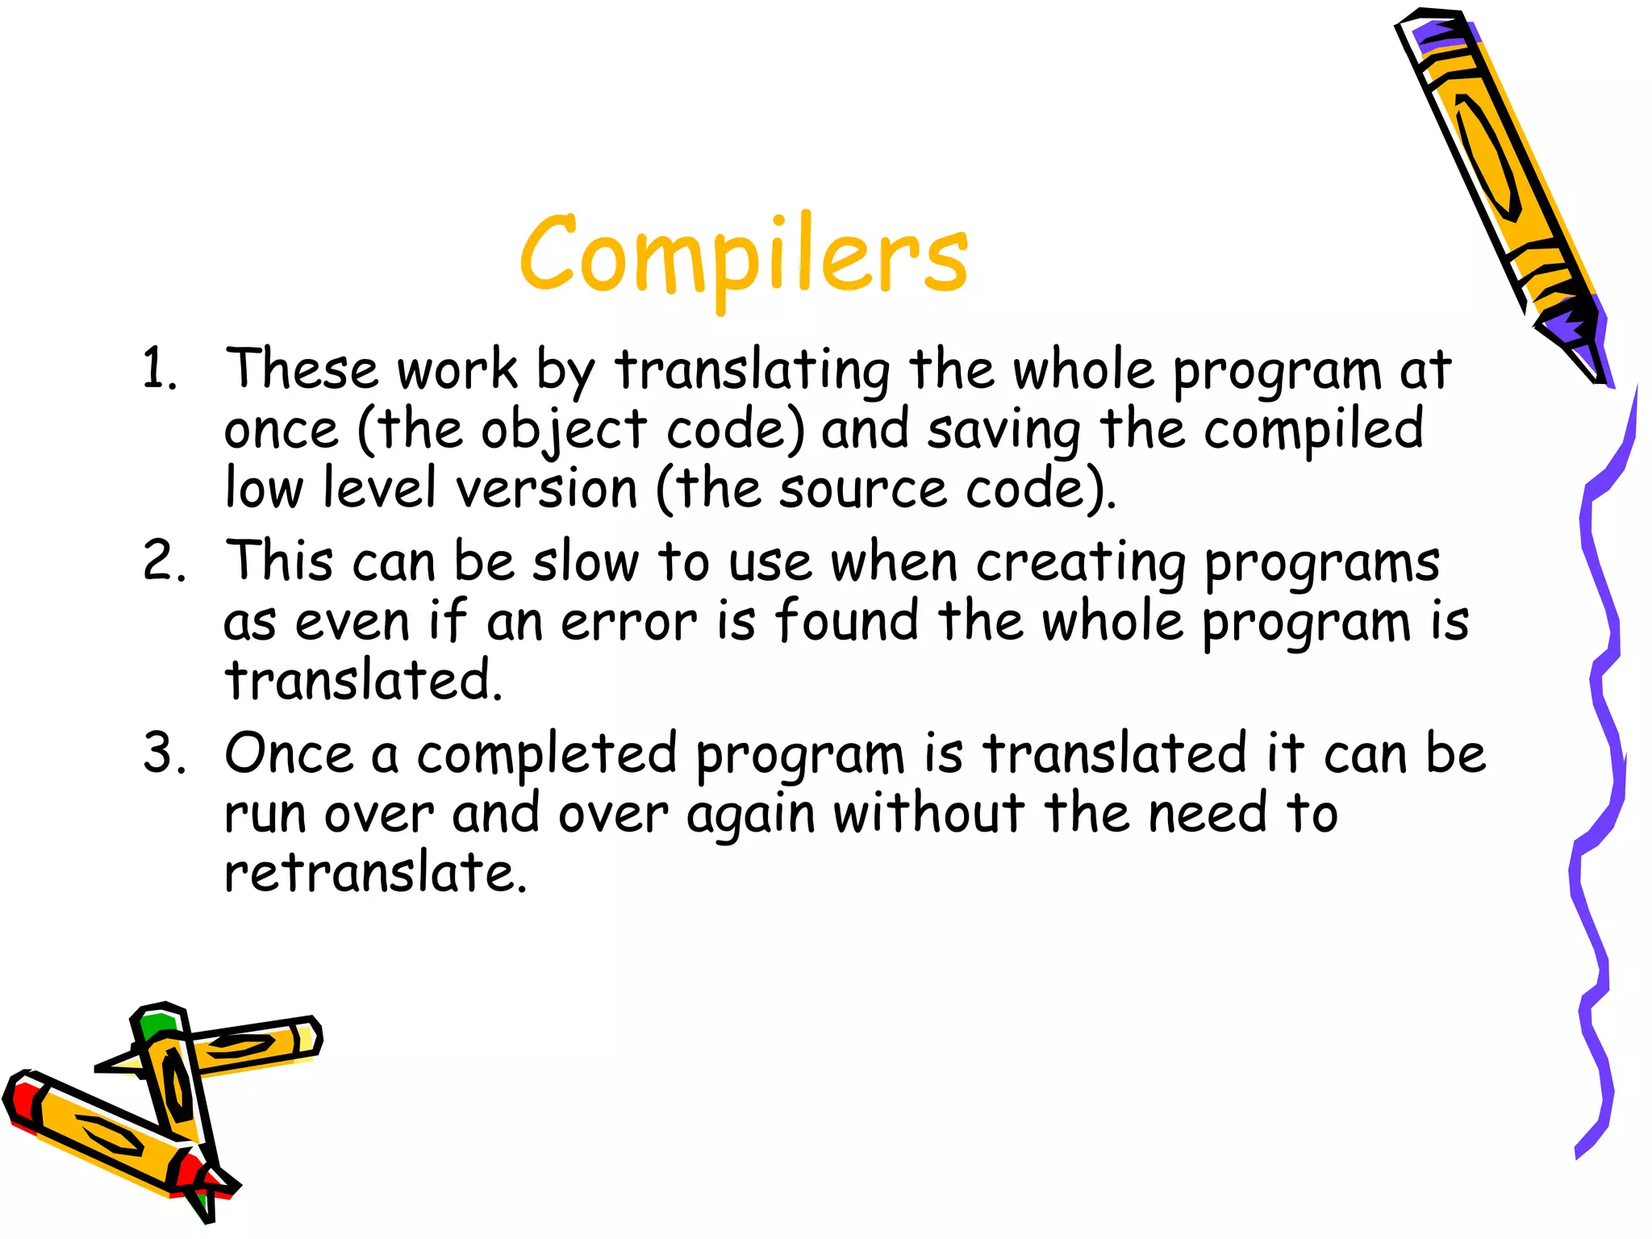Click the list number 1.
pyautogui.click(x=158, y=369)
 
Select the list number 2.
pyautogui.click(x=162, y=561)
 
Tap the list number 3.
pyautogui.click(x=162, y=753)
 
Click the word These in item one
pyautogui.click(x=301, y=369)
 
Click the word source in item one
pyautogui.click(x=862, y=489)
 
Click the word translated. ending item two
pyautogui.click(x=363, y=680)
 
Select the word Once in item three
pyautogui.click(x=289, y=753)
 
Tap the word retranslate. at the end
pyautogui.click(x=375, y=873)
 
